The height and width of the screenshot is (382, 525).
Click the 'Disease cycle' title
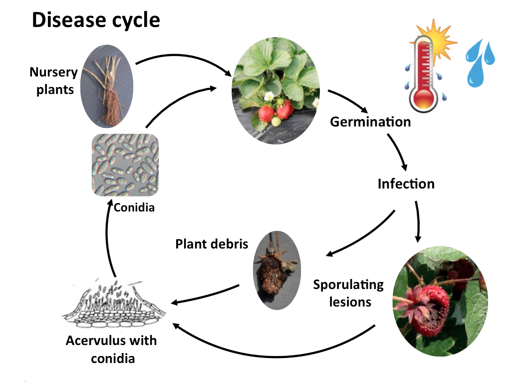pyautogui.click(x=96, y=20)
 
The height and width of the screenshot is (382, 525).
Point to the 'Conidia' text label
pyautogui.click(x=134, y=207)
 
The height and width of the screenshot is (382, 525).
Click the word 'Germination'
pyautogui.click(x=370, y=121)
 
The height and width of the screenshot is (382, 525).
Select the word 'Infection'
pyautogui.click(x=406, y=183)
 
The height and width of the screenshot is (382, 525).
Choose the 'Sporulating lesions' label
pyautogui.click(x=348, y=293)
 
